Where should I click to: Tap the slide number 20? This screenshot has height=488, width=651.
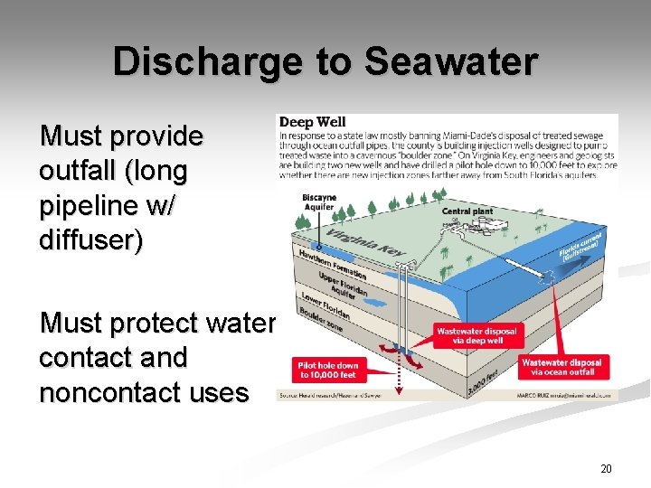[605, 468]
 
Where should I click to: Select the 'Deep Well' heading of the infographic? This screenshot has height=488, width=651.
[313, 122]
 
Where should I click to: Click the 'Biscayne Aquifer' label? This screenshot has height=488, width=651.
[317, 201]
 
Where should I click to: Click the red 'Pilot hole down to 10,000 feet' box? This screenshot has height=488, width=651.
[327, 369]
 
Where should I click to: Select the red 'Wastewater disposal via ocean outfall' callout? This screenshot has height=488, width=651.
[561, 367]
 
